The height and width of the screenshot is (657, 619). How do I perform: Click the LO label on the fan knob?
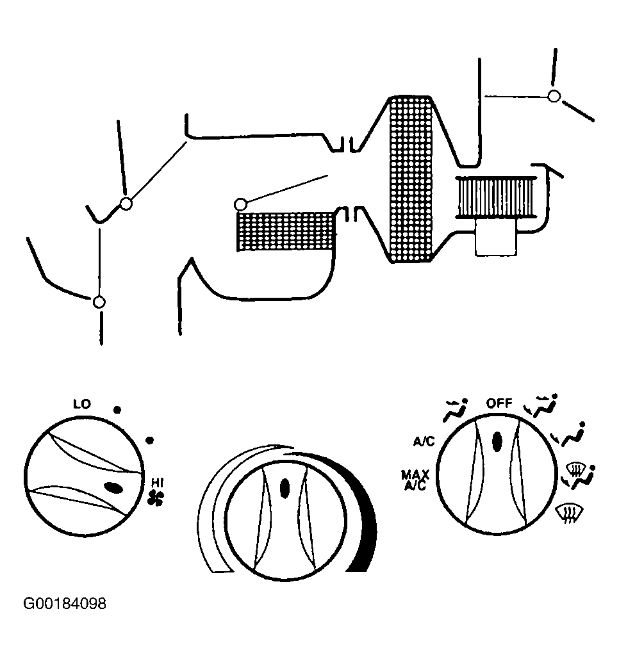[82, 404]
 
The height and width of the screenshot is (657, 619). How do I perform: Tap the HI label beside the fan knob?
[157, 483]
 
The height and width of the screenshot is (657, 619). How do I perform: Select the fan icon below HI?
[156, 498]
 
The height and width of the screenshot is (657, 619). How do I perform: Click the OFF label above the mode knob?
[499, 403]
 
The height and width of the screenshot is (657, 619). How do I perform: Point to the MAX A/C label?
[415, 480]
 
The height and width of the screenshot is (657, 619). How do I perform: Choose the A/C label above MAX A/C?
[424, 442]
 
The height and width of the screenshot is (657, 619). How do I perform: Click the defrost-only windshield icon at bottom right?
[570, 514]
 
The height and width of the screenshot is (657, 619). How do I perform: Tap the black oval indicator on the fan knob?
[113, 488]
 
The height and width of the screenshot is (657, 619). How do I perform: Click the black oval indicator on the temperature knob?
[285, 488]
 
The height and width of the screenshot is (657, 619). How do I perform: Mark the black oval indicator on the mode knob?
[497, 442]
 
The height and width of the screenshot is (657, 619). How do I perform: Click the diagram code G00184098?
[65, 603]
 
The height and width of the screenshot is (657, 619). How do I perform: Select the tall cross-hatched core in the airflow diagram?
[411, 179]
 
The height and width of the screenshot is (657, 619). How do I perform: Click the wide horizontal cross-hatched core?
[286, 232]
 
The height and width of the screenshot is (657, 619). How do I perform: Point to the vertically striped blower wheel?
[496, 197]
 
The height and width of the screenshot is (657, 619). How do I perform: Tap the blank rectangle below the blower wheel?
[496, 237]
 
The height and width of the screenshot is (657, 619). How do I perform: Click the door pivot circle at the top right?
[554, 96]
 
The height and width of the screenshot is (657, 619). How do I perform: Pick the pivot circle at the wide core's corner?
[240, 204]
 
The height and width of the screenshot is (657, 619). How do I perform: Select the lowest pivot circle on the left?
[99, 302]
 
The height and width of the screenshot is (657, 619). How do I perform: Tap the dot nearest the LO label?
[117, 410]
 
